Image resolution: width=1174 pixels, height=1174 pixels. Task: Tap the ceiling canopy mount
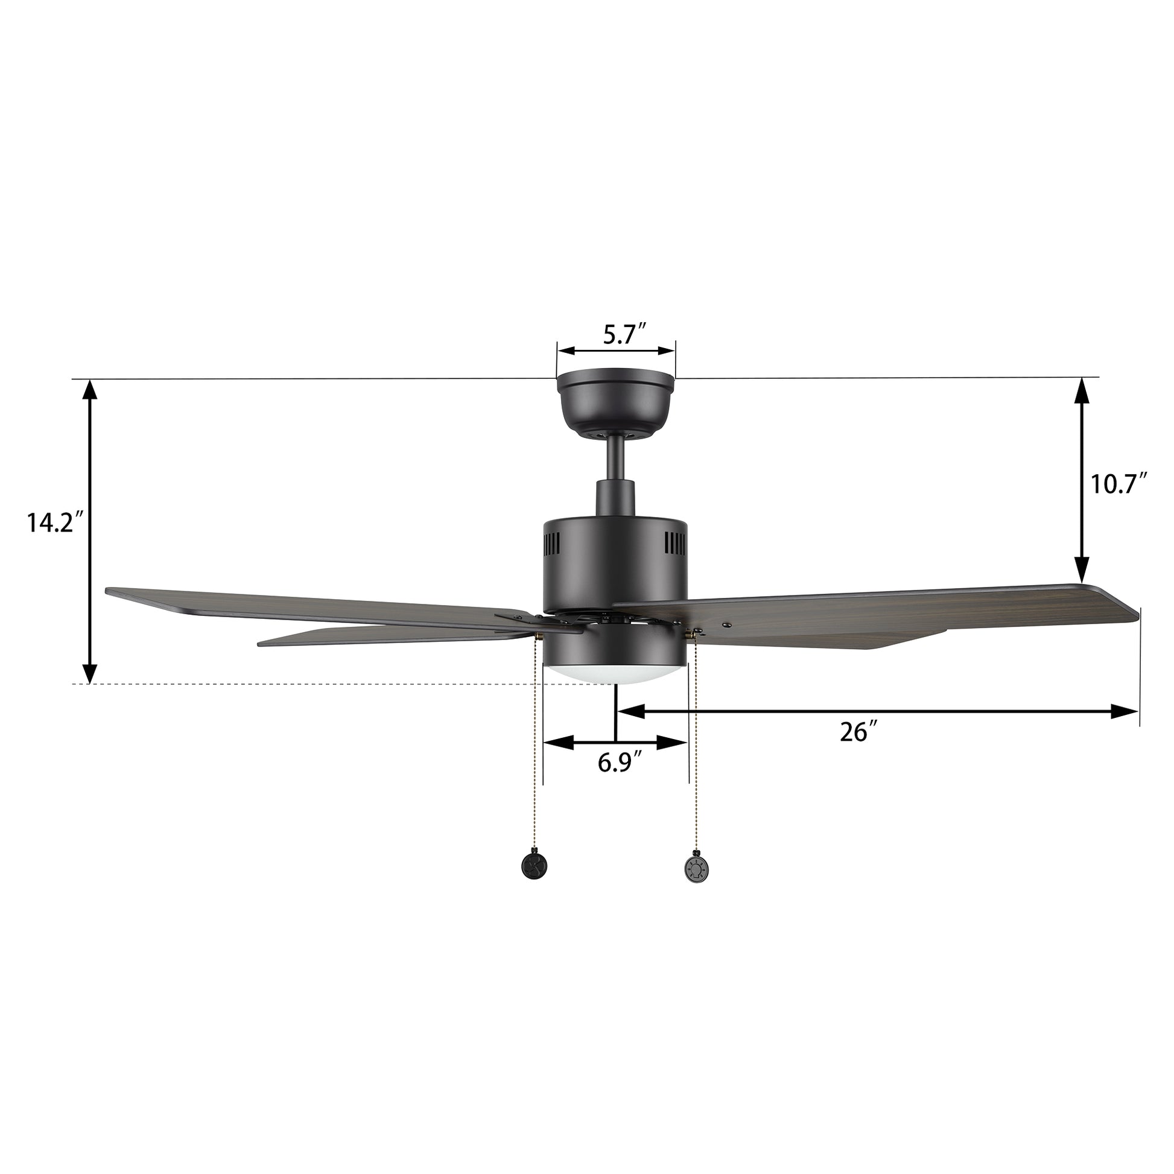tap(616, 404)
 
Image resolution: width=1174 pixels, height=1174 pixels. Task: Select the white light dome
tap(615, 674)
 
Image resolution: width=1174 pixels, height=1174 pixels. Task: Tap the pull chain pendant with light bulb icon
tap(694, 869)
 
